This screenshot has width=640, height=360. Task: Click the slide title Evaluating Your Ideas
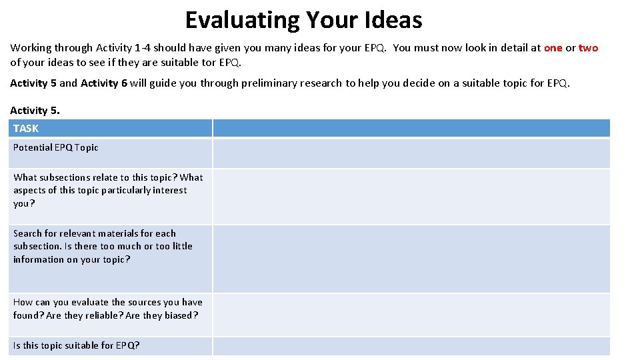(x=303, y=20)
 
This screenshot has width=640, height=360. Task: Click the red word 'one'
(x=553, y=48)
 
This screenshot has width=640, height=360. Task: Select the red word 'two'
(x=588, y=48)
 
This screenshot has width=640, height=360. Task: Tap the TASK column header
(x=26, y=129)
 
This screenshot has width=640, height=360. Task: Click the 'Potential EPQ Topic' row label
(x=55, y=147)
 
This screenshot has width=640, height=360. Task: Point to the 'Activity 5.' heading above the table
(x=35, y=111)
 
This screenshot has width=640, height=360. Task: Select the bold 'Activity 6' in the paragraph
(x=103, y=83)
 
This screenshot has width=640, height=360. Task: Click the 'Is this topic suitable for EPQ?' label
(x=76, y=345)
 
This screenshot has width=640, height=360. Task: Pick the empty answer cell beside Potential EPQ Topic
(x=411, y=153)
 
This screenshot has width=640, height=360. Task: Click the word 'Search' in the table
(x=28, y=233)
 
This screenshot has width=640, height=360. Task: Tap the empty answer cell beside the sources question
(x=411, y=315)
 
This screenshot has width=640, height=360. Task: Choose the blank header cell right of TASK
(x=411, y=129)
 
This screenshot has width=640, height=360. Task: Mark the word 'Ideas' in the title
(x=393, y=20)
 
